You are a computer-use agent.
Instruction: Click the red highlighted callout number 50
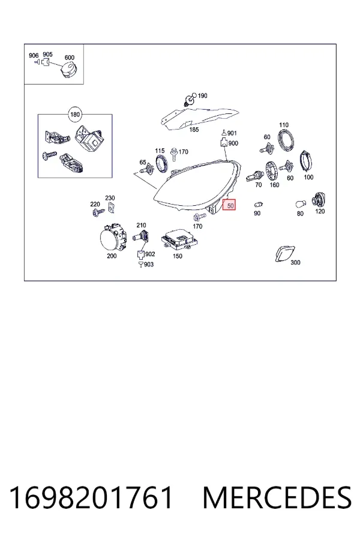click(229, 205)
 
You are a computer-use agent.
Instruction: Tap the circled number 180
click(75, 115)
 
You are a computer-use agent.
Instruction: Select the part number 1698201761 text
click(91, 497)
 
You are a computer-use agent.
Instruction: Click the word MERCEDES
click(277, 497)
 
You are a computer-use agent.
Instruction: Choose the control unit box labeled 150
click(179, 239)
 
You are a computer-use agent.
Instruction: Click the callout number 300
click(295, 262)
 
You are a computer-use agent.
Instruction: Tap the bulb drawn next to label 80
click(301, 205)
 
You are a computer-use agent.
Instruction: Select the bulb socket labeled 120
click(319, 200)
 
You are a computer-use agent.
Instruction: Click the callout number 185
click(194, 130)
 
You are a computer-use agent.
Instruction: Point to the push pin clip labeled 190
click(190, 99)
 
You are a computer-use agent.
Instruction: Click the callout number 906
click(34, 55)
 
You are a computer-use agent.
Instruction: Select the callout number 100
click(308, 177)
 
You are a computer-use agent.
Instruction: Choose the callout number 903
click(148, 264)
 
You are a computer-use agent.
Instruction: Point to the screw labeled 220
click(98, 212)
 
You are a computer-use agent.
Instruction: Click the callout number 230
click(110, 198)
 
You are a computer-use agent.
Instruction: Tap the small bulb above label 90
click(259, 205)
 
